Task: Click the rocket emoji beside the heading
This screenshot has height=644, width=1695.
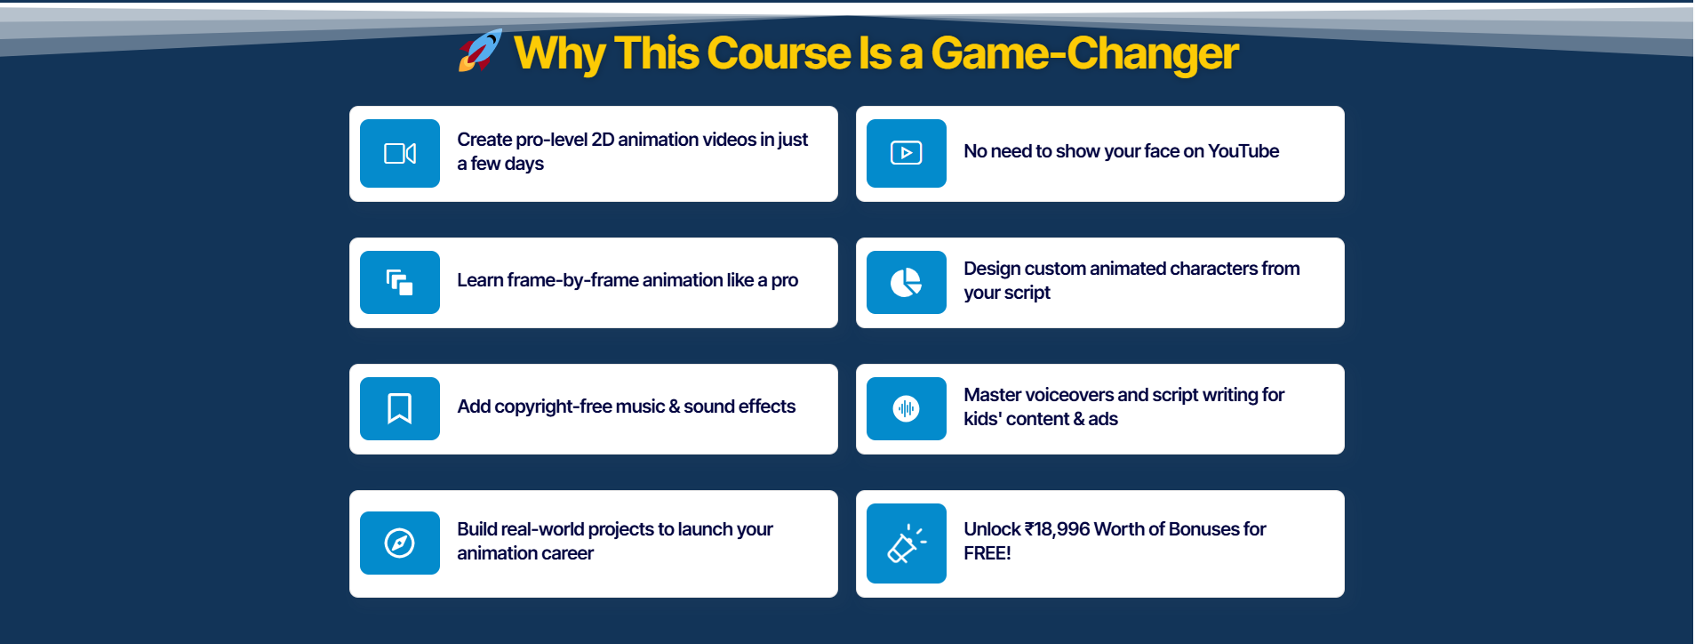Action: [480, 51]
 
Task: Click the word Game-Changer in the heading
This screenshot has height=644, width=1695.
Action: [1084, 53]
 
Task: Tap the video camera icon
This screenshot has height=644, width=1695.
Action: [400, 154]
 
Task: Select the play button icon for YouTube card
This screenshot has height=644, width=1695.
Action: [907, 153]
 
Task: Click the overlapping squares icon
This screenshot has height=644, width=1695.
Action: [400, 283]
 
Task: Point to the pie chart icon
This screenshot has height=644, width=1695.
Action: [907, 283]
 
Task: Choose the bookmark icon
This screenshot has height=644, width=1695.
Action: [400, 409]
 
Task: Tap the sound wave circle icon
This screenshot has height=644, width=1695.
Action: [907, 409]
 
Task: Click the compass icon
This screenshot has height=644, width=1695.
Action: [400, 543]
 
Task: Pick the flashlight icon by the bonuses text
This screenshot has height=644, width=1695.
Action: [907, 543]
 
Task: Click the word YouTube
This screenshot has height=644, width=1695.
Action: [1243, 151]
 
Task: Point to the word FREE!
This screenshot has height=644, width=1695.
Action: [987, 553]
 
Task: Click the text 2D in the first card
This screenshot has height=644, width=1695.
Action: [603, 140]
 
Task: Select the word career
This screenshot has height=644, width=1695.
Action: [569, 553]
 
